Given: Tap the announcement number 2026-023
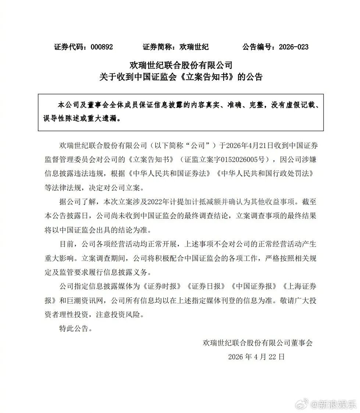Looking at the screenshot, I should [293, 47].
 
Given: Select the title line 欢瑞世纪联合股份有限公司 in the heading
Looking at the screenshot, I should [181, 65].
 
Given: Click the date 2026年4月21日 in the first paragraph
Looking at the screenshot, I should [245, 145].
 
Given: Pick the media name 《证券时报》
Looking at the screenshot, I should [162, 286].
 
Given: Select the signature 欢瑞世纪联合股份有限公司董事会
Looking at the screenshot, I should [257, 342].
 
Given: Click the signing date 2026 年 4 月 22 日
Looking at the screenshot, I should [256, 356].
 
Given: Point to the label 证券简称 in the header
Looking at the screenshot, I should [158, 47].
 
